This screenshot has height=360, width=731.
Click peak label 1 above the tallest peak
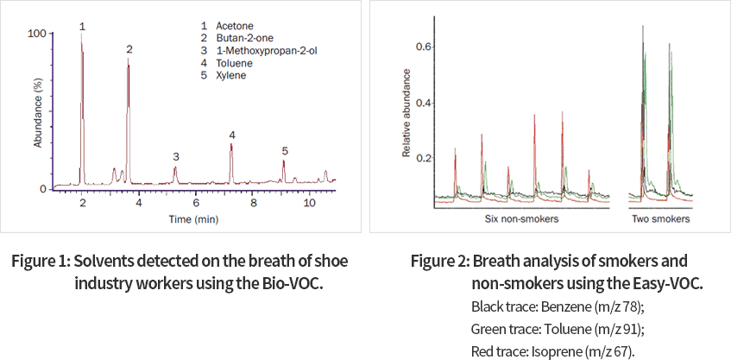[82, 27]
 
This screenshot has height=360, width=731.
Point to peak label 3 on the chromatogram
[175, 156]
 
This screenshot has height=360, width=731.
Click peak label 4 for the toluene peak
[231, 136]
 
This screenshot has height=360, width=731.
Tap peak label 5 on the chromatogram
[284, 151]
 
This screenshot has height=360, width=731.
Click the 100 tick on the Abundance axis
[37, 33]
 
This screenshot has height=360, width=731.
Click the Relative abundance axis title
[406, 115]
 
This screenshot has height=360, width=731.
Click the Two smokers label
[661, 219]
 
